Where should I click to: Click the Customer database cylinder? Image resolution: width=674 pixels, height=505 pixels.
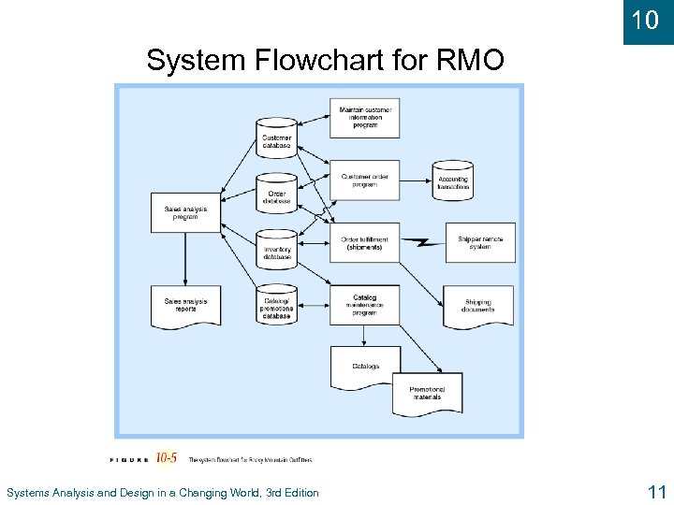[277, 137]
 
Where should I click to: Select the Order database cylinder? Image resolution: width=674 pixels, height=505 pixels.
[277, 192]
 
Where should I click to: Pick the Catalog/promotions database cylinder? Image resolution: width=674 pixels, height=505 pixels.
[277, 304]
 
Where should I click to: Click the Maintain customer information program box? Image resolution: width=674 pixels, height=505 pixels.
[365, 118]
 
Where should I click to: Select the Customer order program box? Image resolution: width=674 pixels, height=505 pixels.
[365, 180]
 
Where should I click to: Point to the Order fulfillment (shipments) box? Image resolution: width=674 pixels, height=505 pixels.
[365, 242]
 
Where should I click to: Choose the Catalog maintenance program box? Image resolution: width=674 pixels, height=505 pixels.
[365, 305]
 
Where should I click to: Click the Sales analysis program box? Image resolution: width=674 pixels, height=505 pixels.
[185, 212]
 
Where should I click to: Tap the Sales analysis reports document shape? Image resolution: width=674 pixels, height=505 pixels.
[185, 306]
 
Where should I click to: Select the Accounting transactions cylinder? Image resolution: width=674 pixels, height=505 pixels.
[453, 180]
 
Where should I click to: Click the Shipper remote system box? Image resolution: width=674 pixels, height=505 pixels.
[479, 242]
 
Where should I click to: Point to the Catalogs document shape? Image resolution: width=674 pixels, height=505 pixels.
[365, 367]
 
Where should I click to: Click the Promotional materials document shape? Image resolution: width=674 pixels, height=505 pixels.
[427, 393]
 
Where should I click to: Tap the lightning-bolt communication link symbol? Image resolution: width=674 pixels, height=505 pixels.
[422, 243]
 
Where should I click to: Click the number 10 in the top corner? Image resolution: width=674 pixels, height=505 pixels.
[645, 20]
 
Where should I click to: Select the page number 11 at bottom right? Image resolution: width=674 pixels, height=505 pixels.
[654, 492]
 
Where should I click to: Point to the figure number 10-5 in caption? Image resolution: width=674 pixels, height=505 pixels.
[167, 458]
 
